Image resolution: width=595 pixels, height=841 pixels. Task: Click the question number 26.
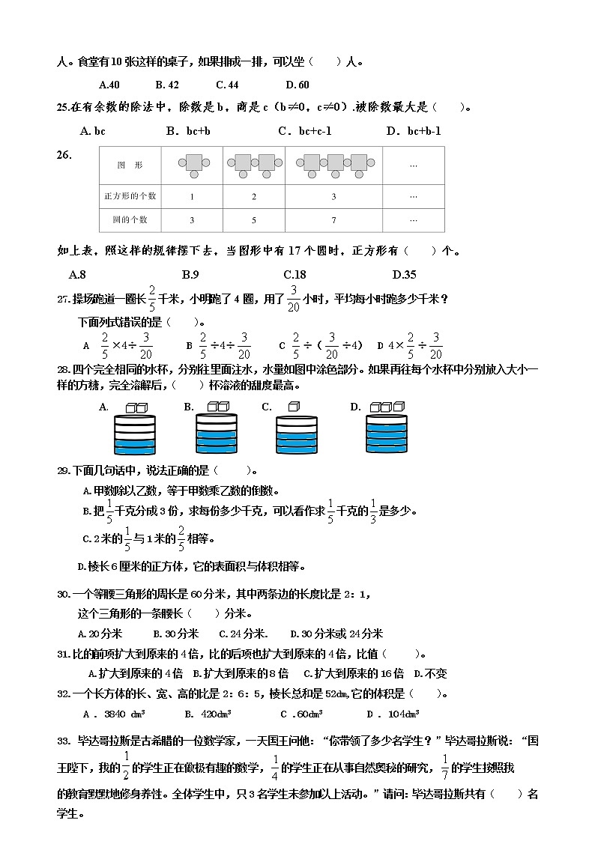point(64,155)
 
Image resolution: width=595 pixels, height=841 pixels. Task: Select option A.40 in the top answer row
point(109,85)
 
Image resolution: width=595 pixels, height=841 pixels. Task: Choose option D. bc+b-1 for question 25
point(413,131)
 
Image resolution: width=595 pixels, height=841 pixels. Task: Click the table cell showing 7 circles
point(333,220)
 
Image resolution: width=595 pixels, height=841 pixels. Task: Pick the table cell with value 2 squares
point(254,196)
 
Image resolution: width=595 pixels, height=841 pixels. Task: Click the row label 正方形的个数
point(130,196)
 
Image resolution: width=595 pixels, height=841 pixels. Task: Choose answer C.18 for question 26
point(295,274)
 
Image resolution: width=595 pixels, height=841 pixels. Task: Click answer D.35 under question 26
point(404,274)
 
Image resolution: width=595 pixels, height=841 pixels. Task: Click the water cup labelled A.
point(135,434)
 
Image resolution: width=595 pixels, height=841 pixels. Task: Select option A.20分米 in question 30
point(106,634)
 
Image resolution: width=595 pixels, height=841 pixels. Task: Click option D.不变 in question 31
point(430,673)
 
